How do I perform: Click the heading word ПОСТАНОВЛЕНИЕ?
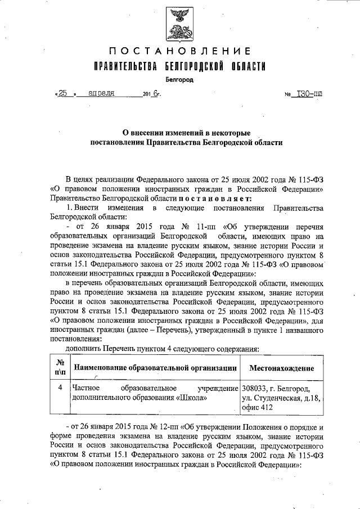(x=179, y=53)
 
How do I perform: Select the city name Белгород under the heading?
(x=179, y=80)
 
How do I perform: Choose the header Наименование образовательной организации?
(x=154, y=368)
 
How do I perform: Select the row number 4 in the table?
(x=60, y=388)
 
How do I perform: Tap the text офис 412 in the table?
(x=257, y=408)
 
